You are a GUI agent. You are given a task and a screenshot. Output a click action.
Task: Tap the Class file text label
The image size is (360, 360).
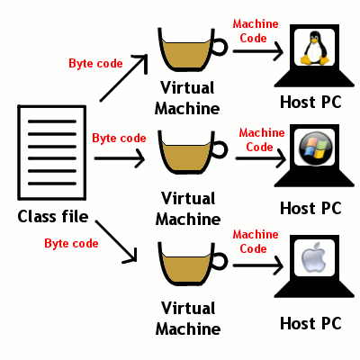[53, 217]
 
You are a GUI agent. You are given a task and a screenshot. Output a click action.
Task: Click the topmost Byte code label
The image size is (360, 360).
[95, 63]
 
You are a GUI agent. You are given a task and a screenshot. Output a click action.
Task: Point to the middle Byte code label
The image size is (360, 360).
[119, 138]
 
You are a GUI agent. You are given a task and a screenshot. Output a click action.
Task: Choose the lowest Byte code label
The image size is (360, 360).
[70, 243]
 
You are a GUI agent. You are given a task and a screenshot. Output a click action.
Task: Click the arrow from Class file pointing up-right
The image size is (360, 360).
[125, 76]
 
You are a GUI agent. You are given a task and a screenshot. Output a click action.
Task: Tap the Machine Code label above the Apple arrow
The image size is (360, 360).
[256, 240]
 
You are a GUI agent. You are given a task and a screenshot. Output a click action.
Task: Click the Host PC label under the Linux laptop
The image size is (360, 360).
[310, 101]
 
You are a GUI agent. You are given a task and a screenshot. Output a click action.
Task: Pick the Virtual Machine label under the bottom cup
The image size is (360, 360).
[188, 319]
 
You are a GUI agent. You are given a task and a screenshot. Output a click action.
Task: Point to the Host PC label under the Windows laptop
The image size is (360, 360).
[310, 208]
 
